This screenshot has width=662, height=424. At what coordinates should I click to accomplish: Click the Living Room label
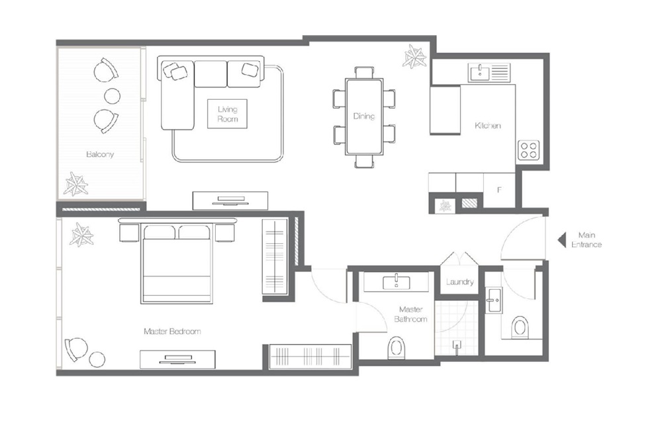pyautogui.click(x=227, y=114)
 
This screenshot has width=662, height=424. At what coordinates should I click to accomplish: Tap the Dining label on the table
pyautogui.click(x=363, y=116)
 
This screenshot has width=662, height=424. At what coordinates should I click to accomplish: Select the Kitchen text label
pyautogui.click(x=488, y=126)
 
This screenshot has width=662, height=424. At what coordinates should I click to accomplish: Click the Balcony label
pyautogui.click(x=100, y=154)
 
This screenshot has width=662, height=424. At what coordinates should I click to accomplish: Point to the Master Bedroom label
pyautogui.click(x=171, y=331)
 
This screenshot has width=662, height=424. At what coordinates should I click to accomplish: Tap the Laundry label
pyautogui.click(x=459, y=282)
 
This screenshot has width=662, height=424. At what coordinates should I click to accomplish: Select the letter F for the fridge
pyautogui.click(x=500, y=190)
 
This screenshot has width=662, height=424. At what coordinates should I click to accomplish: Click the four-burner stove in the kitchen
pyautogui.click(x=528, y=150)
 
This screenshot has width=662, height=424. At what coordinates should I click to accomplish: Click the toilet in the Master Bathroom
pyautogui.click(x=397, y=346)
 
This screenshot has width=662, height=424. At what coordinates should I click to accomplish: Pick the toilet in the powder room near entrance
pyautogui.click(x=520, y=327)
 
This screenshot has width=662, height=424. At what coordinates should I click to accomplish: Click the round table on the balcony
pyautogui.click(x=113, y=96)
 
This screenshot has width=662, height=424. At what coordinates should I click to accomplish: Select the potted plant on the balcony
pyautogui.click(x=76, y=185)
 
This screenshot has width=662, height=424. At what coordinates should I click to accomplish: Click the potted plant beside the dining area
pyautogui.click(x=416, y=56)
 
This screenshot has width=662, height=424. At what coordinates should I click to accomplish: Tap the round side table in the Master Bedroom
pyautogui.click(x=97, y=359)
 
